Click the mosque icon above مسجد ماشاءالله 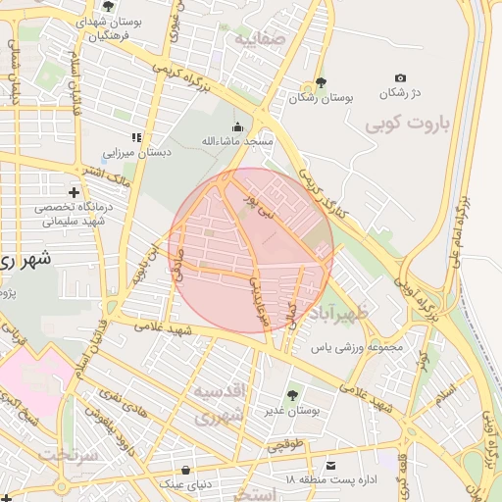(237, 126)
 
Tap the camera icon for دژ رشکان (400, 77)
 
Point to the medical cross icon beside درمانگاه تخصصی (74, 191)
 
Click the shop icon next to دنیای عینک (187, 468)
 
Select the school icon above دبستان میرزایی (136, 137)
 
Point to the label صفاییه (258, 39)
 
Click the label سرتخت (66, 455)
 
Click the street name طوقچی (294, 444)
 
